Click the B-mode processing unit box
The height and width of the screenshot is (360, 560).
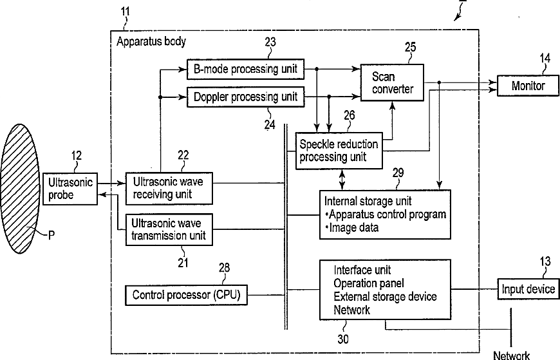245,69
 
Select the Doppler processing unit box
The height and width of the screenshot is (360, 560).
245,97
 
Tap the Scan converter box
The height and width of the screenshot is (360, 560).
392,82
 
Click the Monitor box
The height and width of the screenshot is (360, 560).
528,86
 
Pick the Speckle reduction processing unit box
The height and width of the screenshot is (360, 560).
339,151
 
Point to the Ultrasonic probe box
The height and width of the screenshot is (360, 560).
70,189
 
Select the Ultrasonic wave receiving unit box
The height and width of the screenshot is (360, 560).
169,189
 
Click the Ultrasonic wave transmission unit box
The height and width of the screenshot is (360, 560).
169,229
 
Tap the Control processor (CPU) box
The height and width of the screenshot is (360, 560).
186,295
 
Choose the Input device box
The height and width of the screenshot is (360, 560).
528,289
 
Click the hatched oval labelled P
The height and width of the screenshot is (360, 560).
21,189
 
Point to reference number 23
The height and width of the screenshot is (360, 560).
270,43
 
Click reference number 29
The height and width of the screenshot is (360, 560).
398,173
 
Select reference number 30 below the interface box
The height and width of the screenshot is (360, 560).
343,339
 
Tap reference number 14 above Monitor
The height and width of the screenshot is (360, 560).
545,58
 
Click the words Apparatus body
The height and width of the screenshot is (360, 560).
151,41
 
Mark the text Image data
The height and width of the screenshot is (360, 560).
353,228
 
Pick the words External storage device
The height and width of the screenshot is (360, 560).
385,297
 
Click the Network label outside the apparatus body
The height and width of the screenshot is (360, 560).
512,355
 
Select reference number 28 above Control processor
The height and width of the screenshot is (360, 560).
224,268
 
